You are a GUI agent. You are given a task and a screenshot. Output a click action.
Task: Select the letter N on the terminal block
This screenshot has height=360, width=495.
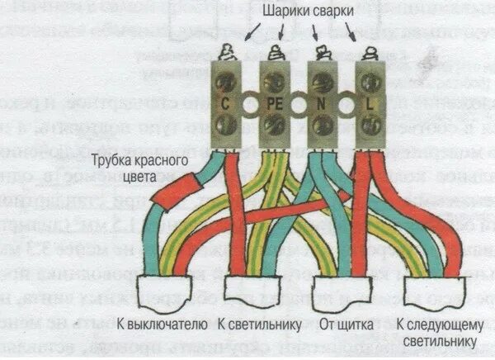pos(320,105)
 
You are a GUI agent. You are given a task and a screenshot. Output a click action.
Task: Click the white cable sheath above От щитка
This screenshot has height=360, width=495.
pos(338,292)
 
